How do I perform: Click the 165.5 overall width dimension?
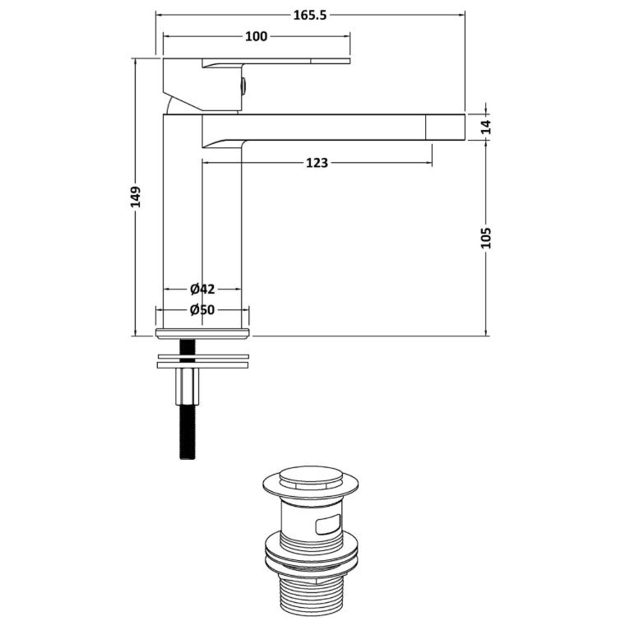click(310, 15)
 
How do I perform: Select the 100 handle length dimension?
click(256, 36)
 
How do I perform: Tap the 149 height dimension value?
click(136, 197)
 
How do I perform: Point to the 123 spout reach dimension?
click(317, 163)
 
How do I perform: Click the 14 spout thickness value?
click(486, 127)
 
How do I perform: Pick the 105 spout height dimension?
click(486, 238)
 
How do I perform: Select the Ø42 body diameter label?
click(203, 289)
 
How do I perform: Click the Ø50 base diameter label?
click(202, 310)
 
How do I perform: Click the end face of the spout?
click(446, 128)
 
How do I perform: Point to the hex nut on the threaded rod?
click(187, 387)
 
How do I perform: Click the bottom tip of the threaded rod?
click(187, 459)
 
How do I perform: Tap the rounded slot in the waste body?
click(328, 524)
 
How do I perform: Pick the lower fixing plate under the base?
click(203, 365)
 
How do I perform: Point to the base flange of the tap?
click(203, 333)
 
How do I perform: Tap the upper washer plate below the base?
click(204, 356)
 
